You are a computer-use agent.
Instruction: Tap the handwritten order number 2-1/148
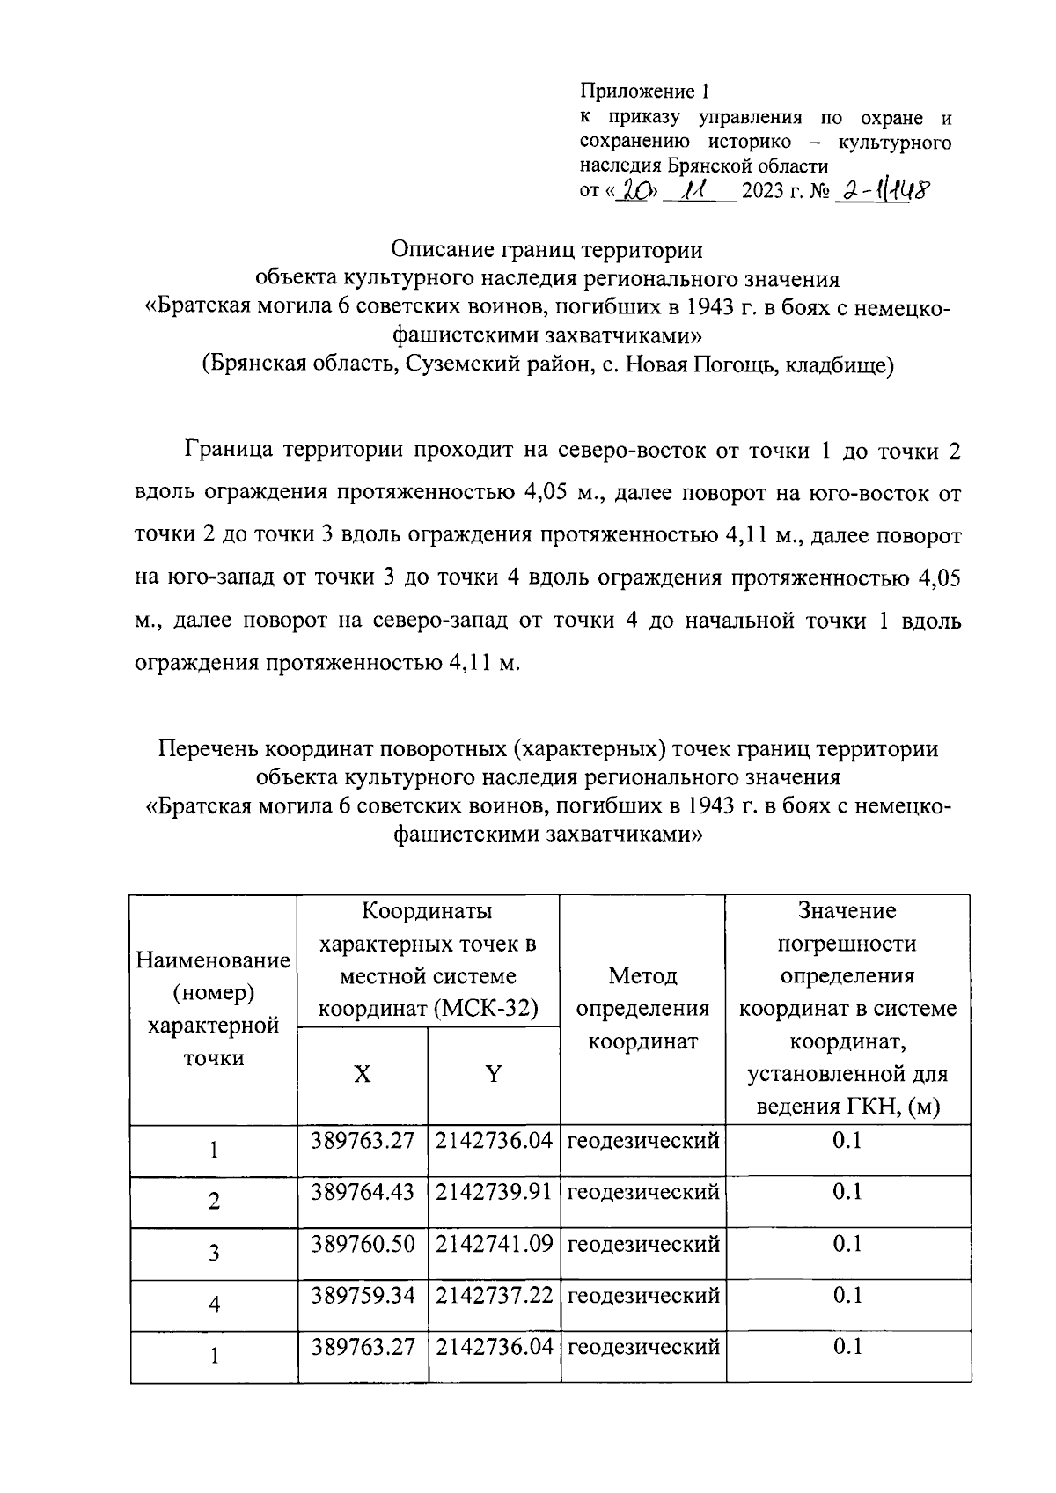[x=883, y=190]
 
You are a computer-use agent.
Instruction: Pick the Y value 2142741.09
[x=494, y=1243]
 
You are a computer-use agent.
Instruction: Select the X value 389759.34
[x=362, y=1294]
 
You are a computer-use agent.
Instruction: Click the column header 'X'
[x=362, y=1074]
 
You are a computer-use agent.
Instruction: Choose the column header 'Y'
[x=494, y=1074]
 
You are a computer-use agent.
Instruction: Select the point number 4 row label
[x=214, y=1305]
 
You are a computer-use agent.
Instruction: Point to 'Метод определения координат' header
[x=642, y=1009]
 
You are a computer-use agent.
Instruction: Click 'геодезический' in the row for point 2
[x=642, y=1192]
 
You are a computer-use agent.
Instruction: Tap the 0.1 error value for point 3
[x=847, y=1243]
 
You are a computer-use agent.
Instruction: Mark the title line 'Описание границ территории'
[x=546, y=250]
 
